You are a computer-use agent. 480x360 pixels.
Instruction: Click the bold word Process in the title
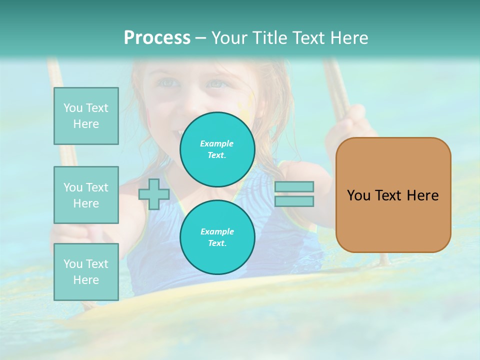(157, 38)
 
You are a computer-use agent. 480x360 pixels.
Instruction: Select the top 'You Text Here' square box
(86, 116)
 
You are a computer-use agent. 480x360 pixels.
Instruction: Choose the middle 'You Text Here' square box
(86, 195)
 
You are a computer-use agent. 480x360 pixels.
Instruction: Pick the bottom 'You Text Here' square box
(86, 272)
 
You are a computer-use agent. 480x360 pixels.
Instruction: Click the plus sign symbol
(153, 194)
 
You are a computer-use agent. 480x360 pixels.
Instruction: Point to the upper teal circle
(217, 149)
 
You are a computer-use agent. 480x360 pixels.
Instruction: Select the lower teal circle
(217, 237)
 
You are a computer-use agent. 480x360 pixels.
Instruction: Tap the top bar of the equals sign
(294, 186)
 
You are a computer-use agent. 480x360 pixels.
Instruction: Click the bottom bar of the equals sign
(294, 201)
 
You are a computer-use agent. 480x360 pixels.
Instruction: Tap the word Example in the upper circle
(217, 143)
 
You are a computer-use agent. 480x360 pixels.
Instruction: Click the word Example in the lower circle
(217, 231)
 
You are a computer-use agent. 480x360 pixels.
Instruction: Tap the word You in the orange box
(358, 195)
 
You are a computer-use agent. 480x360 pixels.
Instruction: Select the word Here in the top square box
(86, 124)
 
